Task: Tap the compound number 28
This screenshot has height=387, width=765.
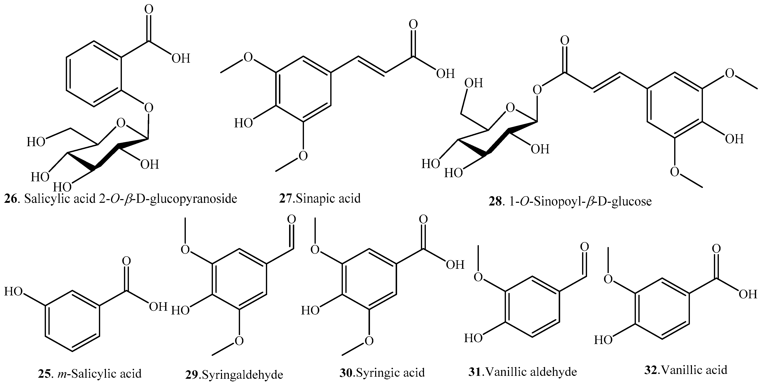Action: (495, 202)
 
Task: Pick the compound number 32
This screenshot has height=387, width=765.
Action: (651, 370)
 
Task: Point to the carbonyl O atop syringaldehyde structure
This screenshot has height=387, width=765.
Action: (291, 220)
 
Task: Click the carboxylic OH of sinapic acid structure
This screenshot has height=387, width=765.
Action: (445, 73)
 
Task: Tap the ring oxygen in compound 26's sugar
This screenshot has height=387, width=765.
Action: (121, 122)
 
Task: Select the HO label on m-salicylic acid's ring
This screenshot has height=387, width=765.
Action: (14, 291)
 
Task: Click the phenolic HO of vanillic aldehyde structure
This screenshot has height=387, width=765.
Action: (473, 338)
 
